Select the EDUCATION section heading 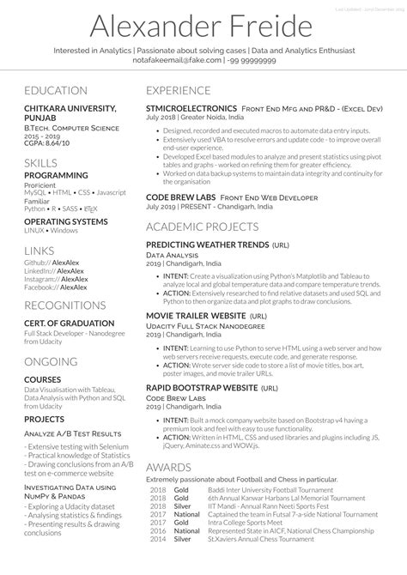click(x=56, y=90)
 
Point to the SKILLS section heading click(x=42, y=162)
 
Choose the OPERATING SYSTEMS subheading click(x=65, y=221)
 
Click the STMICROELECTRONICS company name click(x=191, y=108)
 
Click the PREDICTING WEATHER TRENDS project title click(x=207, y=245)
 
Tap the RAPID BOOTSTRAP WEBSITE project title click(x=202, y=387)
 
